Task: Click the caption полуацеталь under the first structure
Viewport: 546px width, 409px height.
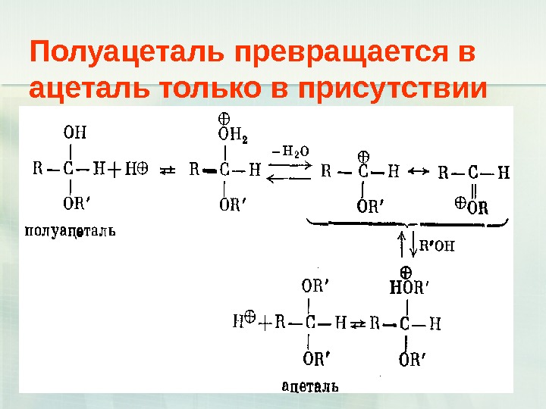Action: pos(71,229)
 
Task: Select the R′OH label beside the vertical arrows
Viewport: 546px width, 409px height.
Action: pos(436,245)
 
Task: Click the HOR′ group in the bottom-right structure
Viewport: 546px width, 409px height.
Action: pos(409,287)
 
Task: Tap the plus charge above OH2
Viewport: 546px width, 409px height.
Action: pos(224,119)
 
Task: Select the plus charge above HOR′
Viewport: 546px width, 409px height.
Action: pos(406,270)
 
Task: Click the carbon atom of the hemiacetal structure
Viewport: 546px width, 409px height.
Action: pos(70,170)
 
